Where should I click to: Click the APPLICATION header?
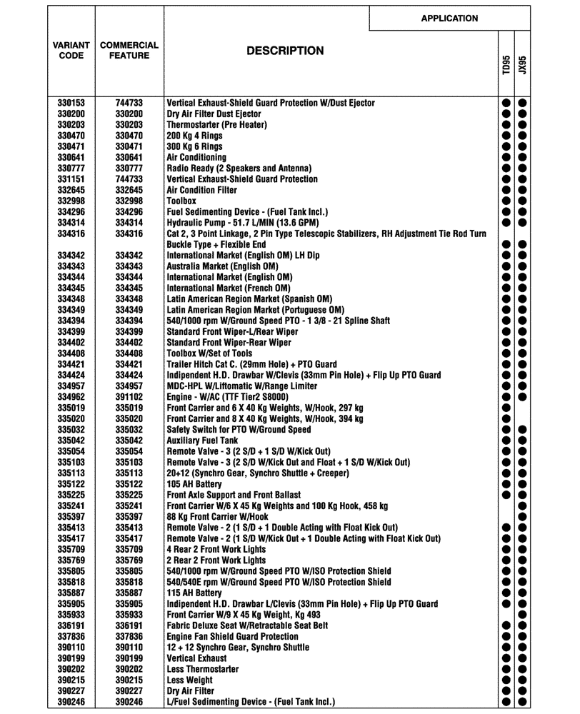point(449,19)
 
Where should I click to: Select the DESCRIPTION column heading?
point(285,51)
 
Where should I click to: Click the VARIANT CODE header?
point(71,50)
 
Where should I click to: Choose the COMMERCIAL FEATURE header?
point(129,50)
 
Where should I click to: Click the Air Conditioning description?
point(196,157)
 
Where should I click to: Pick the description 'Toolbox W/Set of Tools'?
point(209,353)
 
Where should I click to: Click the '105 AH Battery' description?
point(195,484)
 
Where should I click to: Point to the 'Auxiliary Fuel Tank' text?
point(202,441)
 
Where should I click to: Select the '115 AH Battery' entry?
point(194,593)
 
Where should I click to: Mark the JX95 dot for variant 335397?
point(523,517)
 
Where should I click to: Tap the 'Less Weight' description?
point(190,680)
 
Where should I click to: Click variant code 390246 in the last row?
point(71,702)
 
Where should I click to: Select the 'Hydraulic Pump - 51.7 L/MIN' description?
point(244,223)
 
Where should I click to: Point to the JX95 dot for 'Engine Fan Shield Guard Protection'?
point(523,637)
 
